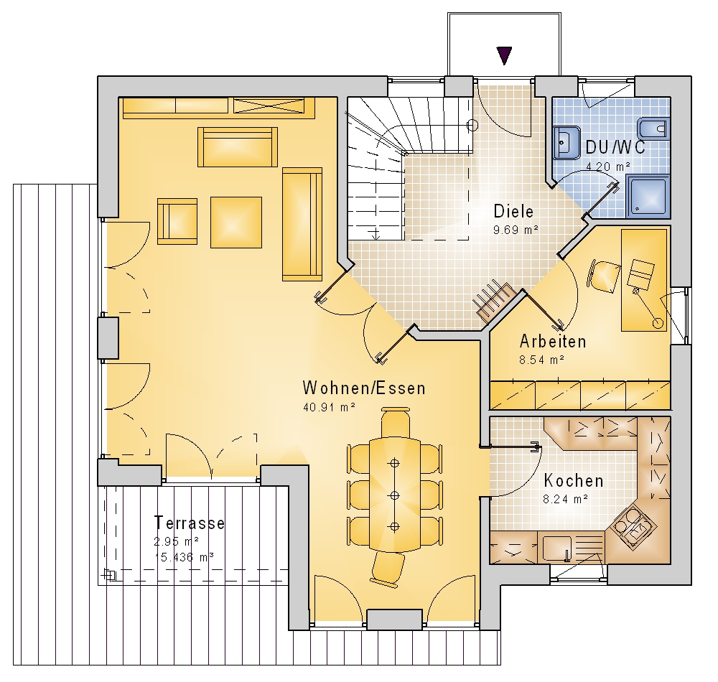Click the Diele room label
pos(513,212)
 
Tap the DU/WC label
pos(615,147)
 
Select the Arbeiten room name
pos(553,342)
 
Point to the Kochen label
pos(573,480)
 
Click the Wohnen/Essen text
pos(364,388)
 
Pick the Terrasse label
pos(190,523)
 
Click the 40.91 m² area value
pos(330,407)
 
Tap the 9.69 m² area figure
pos(516,230)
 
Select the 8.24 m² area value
pos(566,499)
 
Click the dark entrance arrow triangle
pos(504,55)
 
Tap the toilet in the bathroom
pos(653,129)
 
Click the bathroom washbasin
pos(567,141)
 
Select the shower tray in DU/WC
pos(648,195)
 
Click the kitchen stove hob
pos(632,525)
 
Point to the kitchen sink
pos(556,547)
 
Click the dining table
pos(395,495)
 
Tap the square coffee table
pos(236,223)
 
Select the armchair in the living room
pos(177,221)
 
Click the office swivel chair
pos(605,276)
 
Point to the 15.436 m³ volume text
pos(184,557)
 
